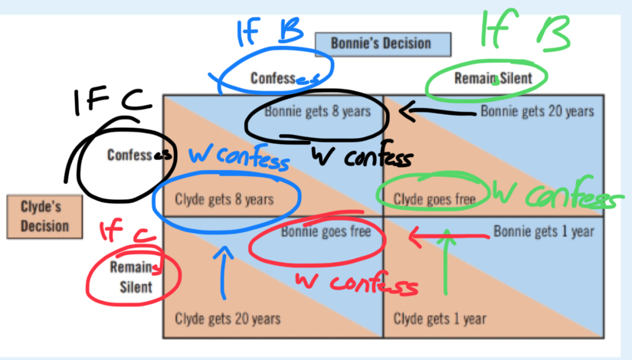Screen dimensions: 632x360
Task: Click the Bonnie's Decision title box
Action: [x=383, y=44]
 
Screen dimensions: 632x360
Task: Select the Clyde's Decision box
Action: [x=44, y=217]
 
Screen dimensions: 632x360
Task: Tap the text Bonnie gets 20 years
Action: [x=537, y=111]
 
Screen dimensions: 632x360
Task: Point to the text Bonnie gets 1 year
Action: [x=544, y=231]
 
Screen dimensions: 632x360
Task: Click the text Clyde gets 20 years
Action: [x=228, y=319]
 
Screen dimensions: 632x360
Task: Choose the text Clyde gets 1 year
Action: [x=440, y=319]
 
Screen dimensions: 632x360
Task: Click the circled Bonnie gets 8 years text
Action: [x=317, y=111]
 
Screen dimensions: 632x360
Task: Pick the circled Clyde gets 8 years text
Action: [x=224, y=199]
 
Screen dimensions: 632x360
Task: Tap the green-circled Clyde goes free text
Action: [x=434, y=198]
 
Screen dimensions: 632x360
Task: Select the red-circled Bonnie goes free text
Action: [x=326, y=231]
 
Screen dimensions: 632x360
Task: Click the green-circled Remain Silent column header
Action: [x=493, y=78]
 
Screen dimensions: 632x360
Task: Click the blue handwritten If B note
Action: [x=269, y=31]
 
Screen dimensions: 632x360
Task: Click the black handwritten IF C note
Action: [x=113, y=101]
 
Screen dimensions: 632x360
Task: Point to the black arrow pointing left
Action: [x=438, y=112]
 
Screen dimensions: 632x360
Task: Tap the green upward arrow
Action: [x=446, y=262]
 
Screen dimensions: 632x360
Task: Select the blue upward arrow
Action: [x=224, y=273]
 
